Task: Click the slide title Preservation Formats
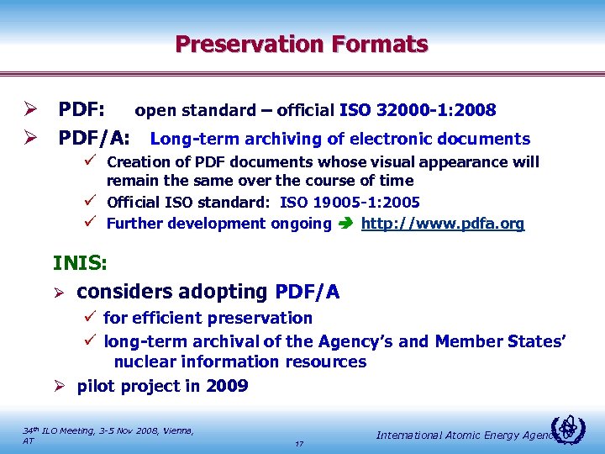click(302, 44)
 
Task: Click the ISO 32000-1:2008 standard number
click(418, 110)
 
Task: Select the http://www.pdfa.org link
click(443, 223)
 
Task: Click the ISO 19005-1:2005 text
click(350, 202)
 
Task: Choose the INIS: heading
click(80, 263)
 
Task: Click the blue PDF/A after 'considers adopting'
click(308, 292)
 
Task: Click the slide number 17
click(300, 443)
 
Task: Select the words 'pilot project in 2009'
click(162, 386)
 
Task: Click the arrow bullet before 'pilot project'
click(60, 386)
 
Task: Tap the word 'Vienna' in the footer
click(176, 430)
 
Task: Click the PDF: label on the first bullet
click(82, 109)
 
